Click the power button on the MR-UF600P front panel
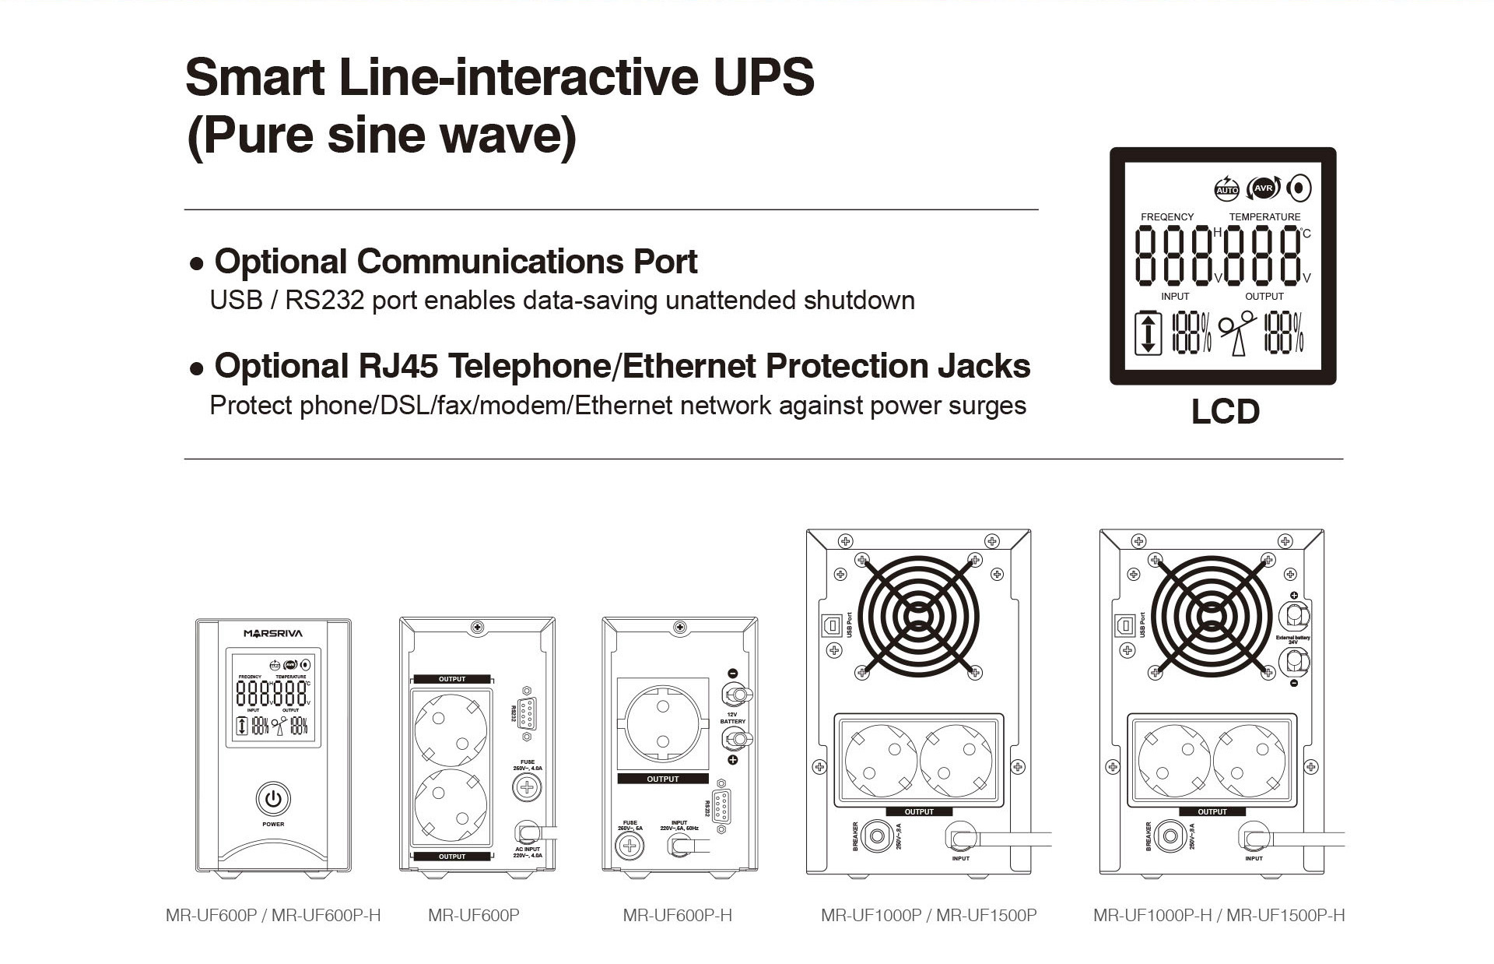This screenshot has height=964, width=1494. (x=273, y=799)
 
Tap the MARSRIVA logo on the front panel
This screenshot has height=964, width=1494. (x=273, y=633)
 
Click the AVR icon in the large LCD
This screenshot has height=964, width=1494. (x=1264, y=188)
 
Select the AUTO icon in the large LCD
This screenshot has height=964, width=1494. (x=1226, y=188)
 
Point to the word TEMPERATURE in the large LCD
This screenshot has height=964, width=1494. (x=1264, y=216)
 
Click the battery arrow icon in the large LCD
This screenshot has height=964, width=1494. (x=1148, y=333)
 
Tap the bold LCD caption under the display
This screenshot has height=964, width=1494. (x=1225, y=412)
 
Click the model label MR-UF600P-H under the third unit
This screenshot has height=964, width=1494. (x=677, y=915)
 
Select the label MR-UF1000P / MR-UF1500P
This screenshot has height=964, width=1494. (x=928, y=915)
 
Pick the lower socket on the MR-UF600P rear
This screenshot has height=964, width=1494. (x=451, y=805)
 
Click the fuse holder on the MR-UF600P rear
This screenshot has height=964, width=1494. (x=527, y=787)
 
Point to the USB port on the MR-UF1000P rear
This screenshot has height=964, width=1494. (x=831, y=625)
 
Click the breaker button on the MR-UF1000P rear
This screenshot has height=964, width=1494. (x=877, y=836)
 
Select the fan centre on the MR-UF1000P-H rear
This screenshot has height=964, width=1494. (x=1211, y=617)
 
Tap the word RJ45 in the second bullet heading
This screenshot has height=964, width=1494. (x=402, y=366)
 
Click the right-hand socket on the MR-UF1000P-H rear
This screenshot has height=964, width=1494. (x=1250, y=761)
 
